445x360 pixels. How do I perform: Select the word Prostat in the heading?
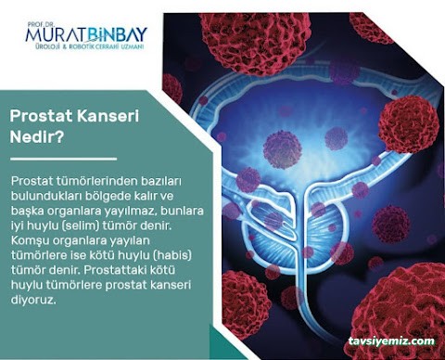pos(38,116)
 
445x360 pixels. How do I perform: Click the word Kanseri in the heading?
pos(100,116)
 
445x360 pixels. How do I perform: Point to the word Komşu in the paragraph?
pos(29,239)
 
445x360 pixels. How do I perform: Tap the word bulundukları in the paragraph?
pos(49,195)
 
